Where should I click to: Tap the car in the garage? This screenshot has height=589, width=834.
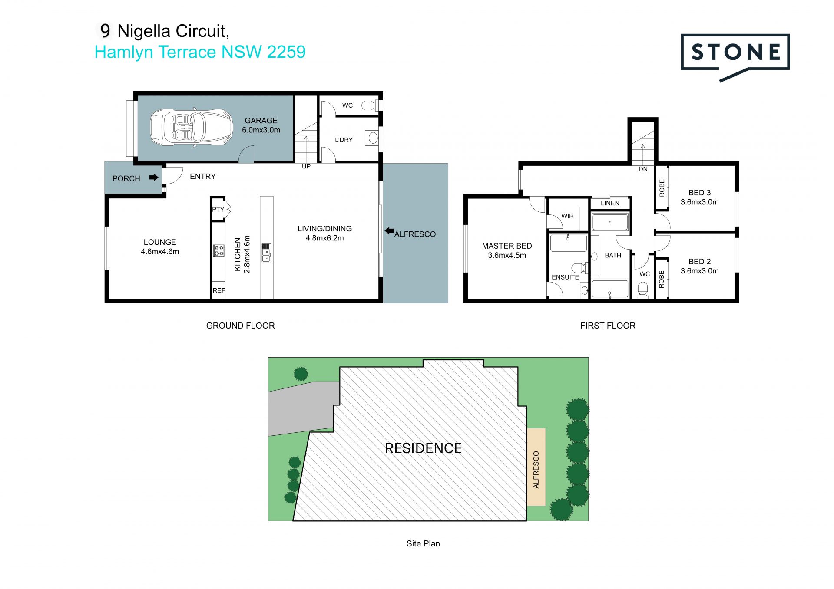(x=191, y=127)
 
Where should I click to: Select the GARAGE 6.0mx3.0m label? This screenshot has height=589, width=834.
(x=261, y=125)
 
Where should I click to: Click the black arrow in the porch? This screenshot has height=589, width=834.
(x=154, y=178)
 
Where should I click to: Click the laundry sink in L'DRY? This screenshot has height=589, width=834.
(x=372, y=138)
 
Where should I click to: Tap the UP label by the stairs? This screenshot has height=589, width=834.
(x=306, y=166)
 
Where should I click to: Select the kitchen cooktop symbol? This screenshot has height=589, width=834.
(x=219, y=250)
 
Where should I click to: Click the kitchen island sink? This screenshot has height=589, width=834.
(x=266, y=253)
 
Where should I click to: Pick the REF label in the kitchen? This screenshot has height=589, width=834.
(x=219, y=290)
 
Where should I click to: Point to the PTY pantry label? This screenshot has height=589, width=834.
(x=218, y=209)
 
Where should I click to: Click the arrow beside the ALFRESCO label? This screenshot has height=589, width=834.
(x=389, y=231)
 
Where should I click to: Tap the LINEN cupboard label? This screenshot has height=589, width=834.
(x=610, y=203)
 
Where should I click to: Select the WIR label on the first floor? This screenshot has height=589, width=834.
(x=567, y=216)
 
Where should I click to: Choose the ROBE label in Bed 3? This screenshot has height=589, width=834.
(x=662, y=188)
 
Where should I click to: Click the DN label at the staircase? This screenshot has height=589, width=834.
(x=643, y=169)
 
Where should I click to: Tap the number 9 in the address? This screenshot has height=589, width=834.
(x=105, y=31)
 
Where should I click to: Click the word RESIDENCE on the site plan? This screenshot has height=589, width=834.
(x=423, y=448)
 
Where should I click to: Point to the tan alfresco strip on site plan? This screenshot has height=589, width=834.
(x=536, y=467)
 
